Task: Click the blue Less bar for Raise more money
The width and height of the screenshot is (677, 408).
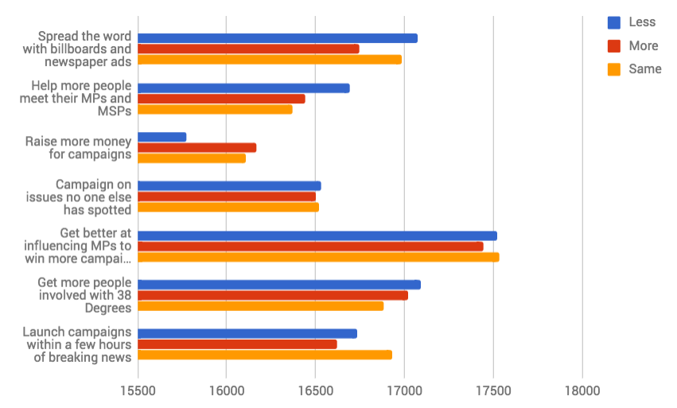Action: (162, 137)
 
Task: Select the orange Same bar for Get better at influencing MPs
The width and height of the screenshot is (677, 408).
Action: (318, 257)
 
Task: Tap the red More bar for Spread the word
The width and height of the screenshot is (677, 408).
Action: (248, 49)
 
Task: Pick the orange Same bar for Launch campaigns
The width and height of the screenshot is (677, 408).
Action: (265, 355)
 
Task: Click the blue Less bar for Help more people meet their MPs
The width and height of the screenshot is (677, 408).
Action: (243, 87)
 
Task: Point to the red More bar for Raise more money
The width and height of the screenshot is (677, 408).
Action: (197, 147)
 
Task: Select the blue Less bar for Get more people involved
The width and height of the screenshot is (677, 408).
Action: (279, 285)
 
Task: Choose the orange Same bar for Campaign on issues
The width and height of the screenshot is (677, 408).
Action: (228, 207)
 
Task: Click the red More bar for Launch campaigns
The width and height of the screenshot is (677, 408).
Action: (237, 344)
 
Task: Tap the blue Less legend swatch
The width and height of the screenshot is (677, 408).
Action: (614, 22)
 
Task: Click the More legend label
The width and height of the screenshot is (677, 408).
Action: (643, 45)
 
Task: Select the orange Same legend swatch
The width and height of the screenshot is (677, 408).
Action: (614, 69)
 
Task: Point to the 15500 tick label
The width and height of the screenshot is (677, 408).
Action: (138, 391)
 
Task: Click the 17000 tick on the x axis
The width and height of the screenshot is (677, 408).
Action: (404, 391)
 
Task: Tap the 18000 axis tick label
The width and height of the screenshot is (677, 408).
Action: (582, 391)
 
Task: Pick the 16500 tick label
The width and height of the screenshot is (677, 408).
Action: (315, 391)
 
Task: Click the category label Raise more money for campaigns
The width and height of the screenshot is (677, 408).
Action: (78, 147)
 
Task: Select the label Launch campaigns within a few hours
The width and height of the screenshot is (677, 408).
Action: (76, 344)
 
